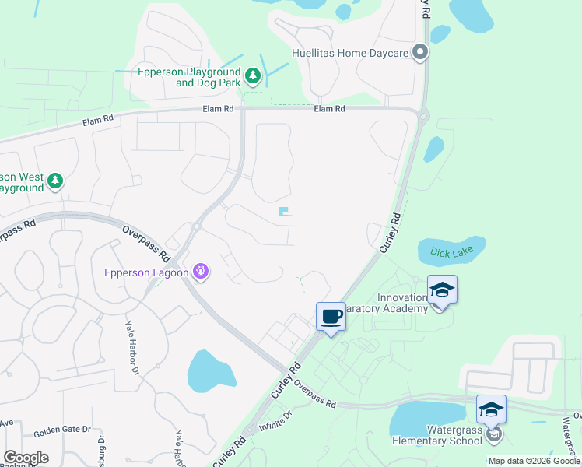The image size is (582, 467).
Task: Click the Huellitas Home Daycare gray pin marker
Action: (420, 53)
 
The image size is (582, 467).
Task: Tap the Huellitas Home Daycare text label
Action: (349, 54)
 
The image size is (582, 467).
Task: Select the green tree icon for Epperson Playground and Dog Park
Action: (252, 75)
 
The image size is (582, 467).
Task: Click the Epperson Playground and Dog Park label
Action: (187, 77)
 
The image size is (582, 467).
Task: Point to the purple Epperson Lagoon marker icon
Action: (202, 271)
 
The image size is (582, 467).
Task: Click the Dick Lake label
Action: (451, 251)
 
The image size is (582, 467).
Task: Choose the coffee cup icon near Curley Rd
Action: (331, 317)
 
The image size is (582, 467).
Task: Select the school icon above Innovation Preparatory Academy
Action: (442, 290)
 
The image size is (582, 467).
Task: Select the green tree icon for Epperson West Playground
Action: (54, 181)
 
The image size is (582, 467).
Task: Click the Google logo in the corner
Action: (26, 457)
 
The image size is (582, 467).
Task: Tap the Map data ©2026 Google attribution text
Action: (534, 461)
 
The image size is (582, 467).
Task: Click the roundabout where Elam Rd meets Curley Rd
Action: (423, 117)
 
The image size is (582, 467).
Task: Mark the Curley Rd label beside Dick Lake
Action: (391, 232)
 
